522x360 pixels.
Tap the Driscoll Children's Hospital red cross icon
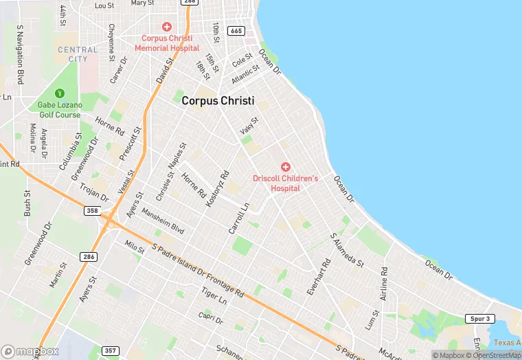pos(286,167)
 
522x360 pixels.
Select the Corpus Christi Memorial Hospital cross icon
pos(167,26)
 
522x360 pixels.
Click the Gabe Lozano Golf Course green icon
pos(59,93)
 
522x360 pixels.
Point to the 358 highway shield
pos(92,210)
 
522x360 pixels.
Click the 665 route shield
pos(236,31)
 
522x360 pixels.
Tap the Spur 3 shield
pos(481,319)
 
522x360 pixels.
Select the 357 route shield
pos(110,351)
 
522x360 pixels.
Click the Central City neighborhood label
pos(78,54)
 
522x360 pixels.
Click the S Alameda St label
pos(347,249)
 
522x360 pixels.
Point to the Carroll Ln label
pos(238,218)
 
